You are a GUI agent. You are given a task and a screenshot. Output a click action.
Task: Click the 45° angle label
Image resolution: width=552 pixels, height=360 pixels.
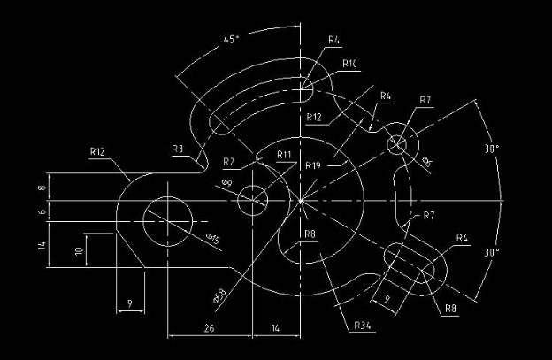231,40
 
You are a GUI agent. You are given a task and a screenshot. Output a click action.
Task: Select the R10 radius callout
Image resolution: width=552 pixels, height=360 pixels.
349,64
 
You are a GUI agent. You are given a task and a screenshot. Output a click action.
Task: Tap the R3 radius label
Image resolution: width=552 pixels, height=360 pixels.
178,149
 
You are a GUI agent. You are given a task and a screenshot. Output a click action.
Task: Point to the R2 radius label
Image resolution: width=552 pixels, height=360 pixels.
229,161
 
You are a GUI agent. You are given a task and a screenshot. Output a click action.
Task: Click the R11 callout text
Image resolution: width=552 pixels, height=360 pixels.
284,156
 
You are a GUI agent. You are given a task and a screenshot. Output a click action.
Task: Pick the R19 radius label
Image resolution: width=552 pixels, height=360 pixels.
313,165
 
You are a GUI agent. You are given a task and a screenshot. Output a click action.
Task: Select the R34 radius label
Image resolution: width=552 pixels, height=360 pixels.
361,326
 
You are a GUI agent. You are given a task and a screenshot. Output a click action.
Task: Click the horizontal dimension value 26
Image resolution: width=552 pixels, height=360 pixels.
210,327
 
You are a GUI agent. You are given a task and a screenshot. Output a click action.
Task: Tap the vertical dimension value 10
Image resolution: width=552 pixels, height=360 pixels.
79,251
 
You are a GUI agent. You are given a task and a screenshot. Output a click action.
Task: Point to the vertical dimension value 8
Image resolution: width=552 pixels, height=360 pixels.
42,188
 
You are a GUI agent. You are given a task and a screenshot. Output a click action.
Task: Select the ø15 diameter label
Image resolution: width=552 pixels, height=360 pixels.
213,237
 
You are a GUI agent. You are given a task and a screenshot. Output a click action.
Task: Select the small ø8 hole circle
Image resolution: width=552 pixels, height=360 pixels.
254,200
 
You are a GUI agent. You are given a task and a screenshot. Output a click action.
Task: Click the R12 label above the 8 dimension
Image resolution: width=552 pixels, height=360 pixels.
97,152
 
